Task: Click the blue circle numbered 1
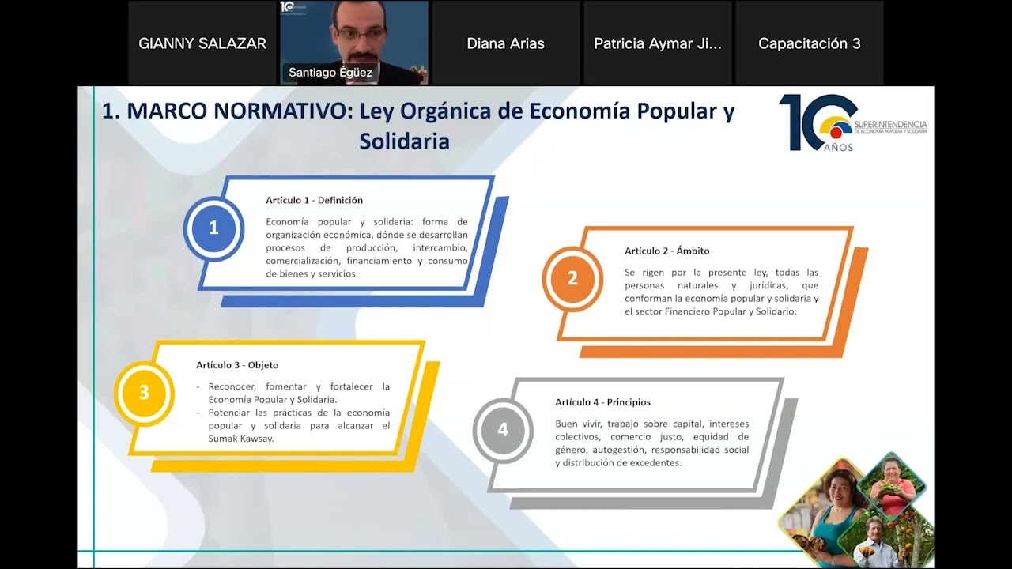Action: pos(213,228)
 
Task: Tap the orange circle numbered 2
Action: pos(572,278)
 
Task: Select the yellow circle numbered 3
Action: pos(144,393)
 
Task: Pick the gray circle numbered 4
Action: pos(503,430)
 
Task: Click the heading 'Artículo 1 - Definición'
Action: pos(314,201)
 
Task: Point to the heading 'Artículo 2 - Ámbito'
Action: pos(666,251)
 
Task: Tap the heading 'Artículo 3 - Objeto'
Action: pos(237,365)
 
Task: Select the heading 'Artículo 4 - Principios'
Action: pos(602,402)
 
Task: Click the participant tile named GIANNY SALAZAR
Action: pos(202,43)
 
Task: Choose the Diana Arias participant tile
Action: pos(505,43)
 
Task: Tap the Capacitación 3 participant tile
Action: pos(809,43)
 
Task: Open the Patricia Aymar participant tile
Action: pos(657,43)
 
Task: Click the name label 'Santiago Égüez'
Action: pos(330,73)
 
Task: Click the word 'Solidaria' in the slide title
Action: pos(404,141)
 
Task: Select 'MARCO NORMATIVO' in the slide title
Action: pos(236,111)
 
